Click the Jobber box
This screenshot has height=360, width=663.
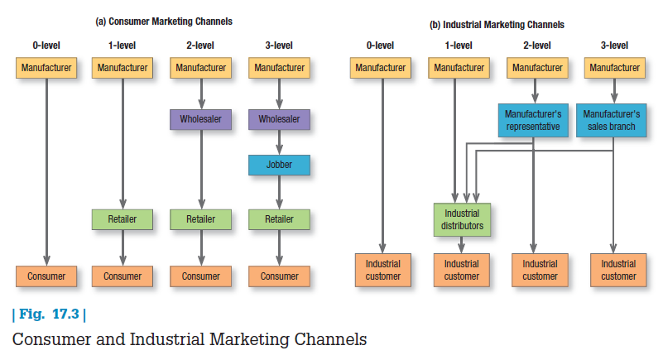click(x=279, y=165)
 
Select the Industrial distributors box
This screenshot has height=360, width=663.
click(x=462, y=219)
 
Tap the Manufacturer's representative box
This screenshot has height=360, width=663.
click(x=534, y=120)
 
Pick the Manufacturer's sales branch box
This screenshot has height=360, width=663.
click(x=612, y=120)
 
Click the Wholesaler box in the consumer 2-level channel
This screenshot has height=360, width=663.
click(x=200, y=119)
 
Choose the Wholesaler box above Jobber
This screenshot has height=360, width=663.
click(x=279, y=119)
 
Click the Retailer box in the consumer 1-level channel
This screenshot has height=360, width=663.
click(x=123, y=219)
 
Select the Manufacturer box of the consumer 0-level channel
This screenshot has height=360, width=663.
click(x=46, y=67)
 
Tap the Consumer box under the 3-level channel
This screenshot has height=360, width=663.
click(x=279, y=276)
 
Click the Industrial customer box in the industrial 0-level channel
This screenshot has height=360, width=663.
click(x=382, y=270)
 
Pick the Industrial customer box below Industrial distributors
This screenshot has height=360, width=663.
click(x=462, y=270)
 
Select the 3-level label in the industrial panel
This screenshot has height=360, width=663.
click(x=613, y=46)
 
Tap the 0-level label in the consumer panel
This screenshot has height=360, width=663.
click(x=46, y=46)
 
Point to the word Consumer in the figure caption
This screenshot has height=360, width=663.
click(x=49, y=339)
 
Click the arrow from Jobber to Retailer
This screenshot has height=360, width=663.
click(x=279, y=192)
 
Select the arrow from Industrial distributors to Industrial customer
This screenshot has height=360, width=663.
click(x=462, y=246)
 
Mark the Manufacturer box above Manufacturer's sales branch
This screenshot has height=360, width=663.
click(x=613, y=67)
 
